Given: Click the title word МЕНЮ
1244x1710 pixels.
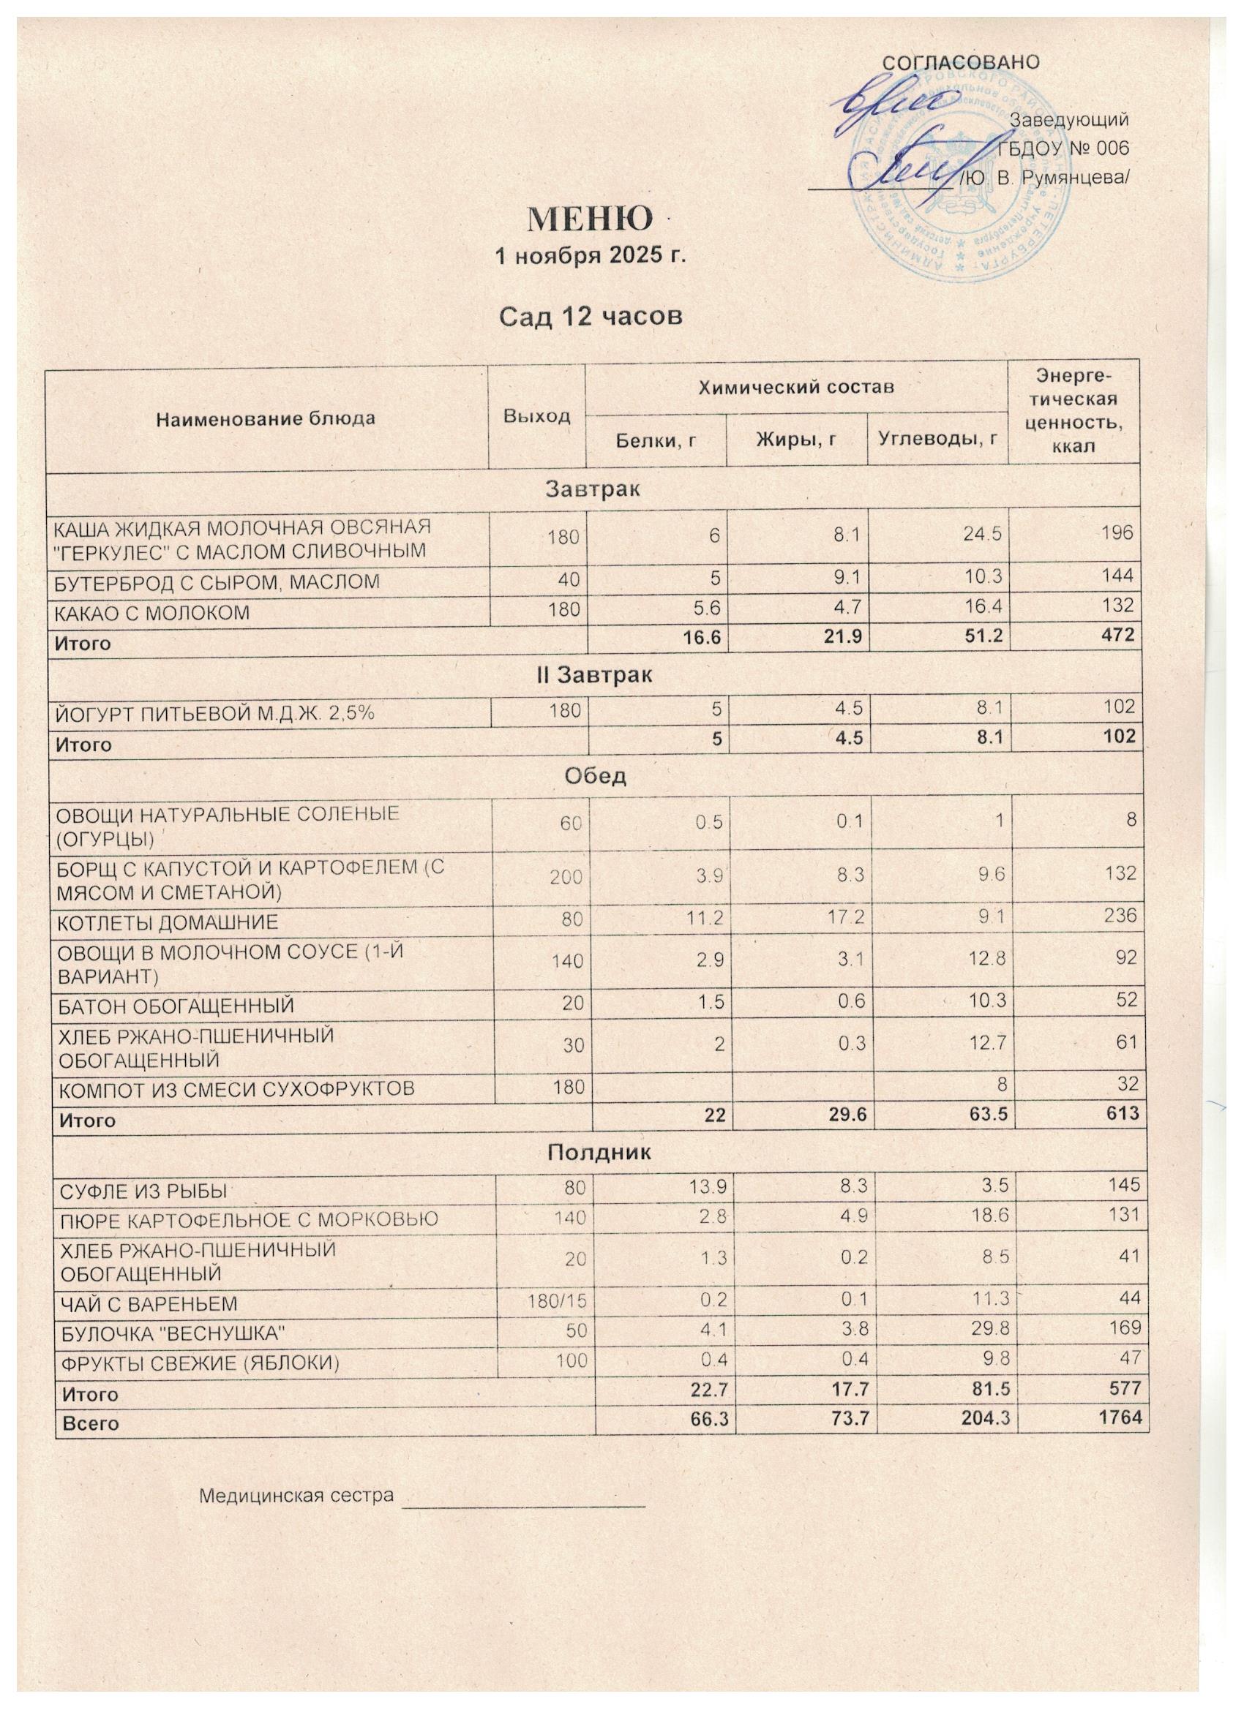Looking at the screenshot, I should pos(589,219).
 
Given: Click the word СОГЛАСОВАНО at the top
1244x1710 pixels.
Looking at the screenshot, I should pos(960,63).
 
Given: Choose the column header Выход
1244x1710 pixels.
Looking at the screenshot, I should pos(536,415).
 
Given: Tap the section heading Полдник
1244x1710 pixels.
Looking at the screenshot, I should pos(599,1153).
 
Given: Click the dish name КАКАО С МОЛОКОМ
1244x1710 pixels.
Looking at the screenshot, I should pos(150,613).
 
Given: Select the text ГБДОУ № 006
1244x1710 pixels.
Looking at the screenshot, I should pos(1063,148).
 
